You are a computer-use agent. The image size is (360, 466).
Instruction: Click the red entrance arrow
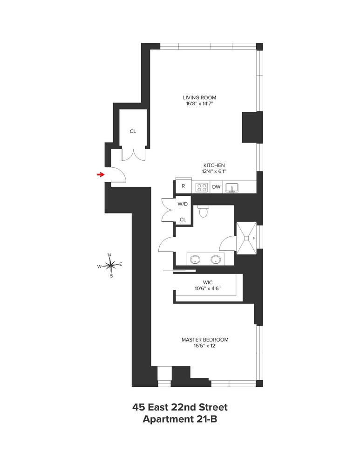100,174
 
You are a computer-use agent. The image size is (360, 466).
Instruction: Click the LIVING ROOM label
199,98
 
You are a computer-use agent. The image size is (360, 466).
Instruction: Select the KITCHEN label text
214,165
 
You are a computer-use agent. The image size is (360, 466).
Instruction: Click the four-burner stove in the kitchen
202,187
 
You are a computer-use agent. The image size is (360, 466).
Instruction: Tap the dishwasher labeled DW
216,187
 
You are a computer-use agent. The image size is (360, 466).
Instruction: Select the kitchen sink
231,187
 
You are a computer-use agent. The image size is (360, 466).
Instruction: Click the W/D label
183,204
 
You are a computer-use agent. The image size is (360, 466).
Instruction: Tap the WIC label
208,282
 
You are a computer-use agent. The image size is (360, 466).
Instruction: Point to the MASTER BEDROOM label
205,340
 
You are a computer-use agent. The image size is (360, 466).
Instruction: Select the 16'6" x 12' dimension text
205,346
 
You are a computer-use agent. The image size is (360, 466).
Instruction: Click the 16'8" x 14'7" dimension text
199,104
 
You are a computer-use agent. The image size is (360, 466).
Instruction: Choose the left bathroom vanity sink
195,260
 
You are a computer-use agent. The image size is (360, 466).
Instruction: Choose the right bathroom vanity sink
215,260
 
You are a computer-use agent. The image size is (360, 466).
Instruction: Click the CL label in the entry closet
133,131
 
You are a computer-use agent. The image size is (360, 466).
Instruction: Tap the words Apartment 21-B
180,419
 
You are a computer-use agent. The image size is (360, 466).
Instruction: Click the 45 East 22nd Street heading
180,407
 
